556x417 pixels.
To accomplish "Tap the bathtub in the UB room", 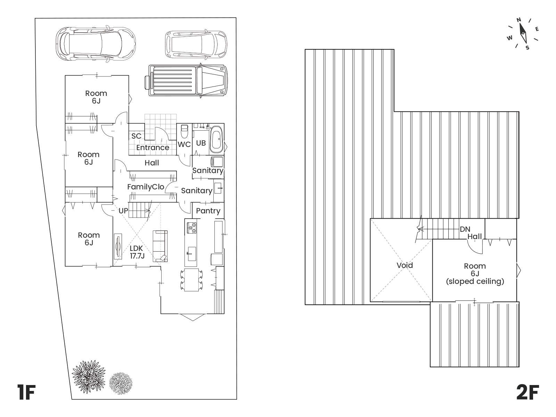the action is (216, 139).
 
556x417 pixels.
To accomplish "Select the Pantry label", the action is (208, 211).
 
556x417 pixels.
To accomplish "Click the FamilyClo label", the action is (146, 187).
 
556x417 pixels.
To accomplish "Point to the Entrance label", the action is (153, 148).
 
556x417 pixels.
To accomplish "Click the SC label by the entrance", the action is (136, 136).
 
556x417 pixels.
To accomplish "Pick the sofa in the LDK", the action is (160, 246).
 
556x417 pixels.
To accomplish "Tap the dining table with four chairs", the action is (191, 280).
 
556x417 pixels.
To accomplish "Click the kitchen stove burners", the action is (191, 228).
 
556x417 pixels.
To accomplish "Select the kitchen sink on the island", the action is (191, 254).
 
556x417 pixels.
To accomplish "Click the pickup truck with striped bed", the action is (186, 80).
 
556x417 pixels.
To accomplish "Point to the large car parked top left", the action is (96, 44).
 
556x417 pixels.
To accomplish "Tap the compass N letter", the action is (518, 20).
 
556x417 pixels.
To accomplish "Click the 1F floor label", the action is (26, 392).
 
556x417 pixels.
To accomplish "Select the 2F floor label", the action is (528, 392).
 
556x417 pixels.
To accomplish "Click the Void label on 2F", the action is (404, 265).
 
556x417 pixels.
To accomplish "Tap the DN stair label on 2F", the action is (465, 229).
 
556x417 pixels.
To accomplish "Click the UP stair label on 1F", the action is (123, 211).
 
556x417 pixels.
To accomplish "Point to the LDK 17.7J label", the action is (137, 252).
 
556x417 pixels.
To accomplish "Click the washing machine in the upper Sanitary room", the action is (217, 162).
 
